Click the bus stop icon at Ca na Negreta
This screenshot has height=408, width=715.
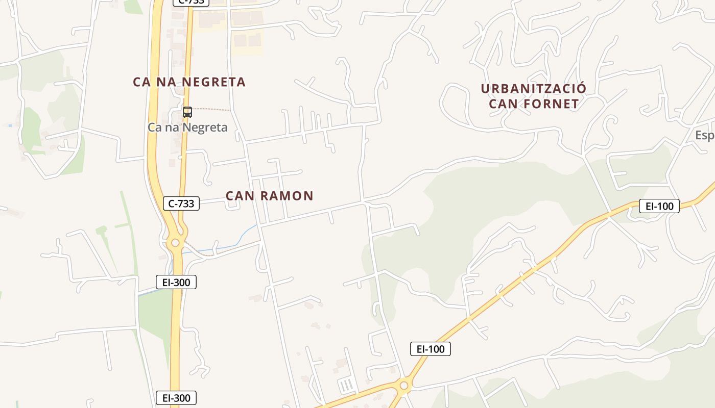click(187, 112)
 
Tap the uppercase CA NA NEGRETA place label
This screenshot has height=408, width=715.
click(189, 82)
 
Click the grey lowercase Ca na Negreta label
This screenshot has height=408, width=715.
click(187, 127)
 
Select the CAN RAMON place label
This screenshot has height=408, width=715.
click(270, 196)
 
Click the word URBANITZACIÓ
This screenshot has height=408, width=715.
click(534, 89)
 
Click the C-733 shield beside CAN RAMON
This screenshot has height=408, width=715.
click(181, 203)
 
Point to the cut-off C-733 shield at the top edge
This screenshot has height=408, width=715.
click(190, 2)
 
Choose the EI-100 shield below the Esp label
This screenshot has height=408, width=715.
click(659, 206)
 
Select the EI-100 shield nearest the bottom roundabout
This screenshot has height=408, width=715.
click(431, 349)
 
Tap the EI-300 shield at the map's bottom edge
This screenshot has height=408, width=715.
click(176, 398)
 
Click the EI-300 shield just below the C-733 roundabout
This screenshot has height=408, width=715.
click(176, 282)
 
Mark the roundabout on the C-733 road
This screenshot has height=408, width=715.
click(176, 243)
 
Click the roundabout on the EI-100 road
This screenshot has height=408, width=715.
click(404, 386)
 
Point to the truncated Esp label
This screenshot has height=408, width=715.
click(705, 135)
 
